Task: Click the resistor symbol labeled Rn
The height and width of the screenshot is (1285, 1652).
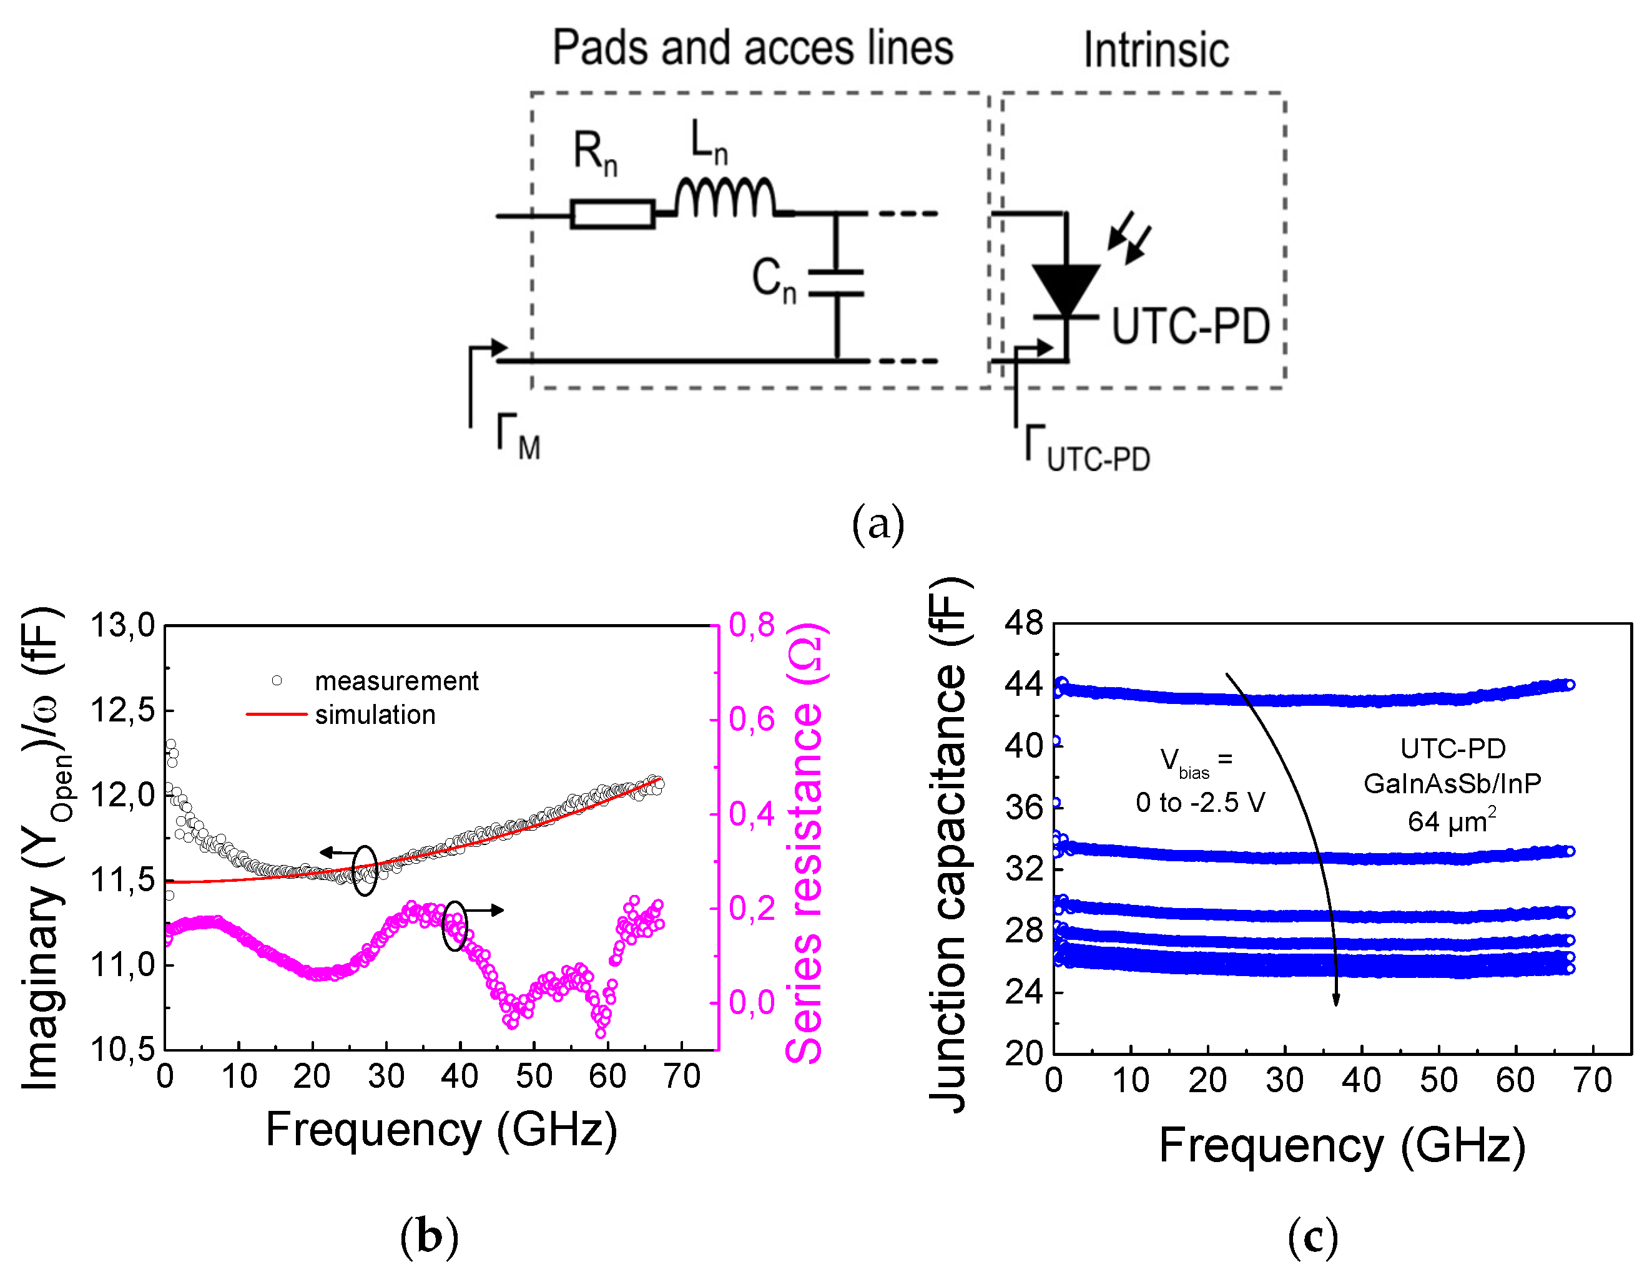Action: click(x=612, y=214)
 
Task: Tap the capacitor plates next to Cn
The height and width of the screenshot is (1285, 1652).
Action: click(x=836, y=282)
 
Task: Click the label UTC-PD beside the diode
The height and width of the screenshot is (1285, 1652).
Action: click(x=1190, y=327)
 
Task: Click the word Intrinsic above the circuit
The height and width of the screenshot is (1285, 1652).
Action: click(x=1156, y=51)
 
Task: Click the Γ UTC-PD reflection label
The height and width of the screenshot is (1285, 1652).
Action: click(x=1087, y=450)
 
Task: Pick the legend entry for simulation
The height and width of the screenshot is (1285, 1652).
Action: click(x=375, y=715)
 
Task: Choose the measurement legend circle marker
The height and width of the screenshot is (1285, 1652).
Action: click(x=277, y=681)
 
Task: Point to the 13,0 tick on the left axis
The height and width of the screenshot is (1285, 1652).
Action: click(x=122, y=625)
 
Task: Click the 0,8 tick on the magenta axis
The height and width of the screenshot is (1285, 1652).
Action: click(x=752, y=625)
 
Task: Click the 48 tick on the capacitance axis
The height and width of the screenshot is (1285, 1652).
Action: click(x=1023, y=623)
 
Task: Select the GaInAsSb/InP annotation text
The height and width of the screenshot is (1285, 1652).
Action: click(x=1452, y=784)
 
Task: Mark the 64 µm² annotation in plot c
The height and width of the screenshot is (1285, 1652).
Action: click(x=1452, y=821)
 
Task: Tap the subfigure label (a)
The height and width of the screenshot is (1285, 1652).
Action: click(x=877, y=524)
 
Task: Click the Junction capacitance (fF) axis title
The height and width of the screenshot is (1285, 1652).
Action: click(x=948, y=843)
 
